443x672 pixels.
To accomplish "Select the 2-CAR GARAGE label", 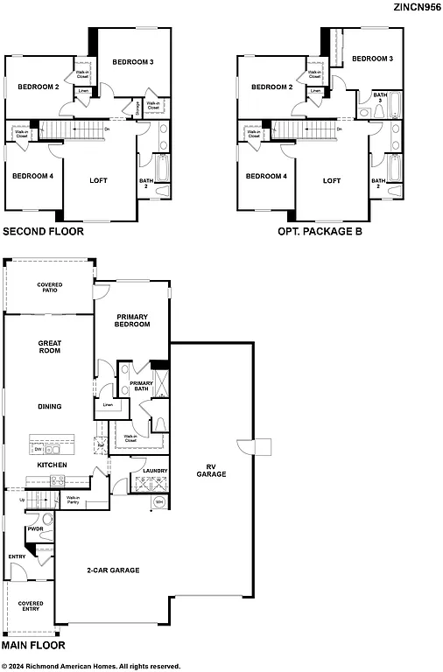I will pos(112,570).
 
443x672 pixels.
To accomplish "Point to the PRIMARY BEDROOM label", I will pos(132,320).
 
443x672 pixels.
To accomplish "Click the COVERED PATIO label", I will pos(48,287).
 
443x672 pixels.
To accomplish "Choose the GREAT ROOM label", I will pos(48,347).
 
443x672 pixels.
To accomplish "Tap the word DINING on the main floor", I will pos(49,406).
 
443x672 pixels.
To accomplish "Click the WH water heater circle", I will pos(158,502).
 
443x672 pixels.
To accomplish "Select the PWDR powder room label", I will pos(36,528).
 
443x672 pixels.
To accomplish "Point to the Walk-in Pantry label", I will pos(74,500).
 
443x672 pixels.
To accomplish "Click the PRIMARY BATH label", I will pos(141,387).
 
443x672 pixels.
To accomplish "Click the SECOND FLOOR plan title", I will pos(44,232).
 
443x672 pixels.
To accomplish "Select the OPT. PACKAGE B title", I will pos(320,232).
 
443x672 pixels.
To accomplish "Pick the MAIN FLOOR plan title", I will pos(33,645).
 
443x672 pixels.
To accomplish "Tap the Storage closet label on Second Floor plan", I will pos(137,107).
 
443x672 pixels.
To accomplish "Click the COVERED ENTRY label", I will pos(32,605).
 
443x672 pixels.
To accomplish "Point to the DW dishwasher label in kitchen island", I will pos(38,448).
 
